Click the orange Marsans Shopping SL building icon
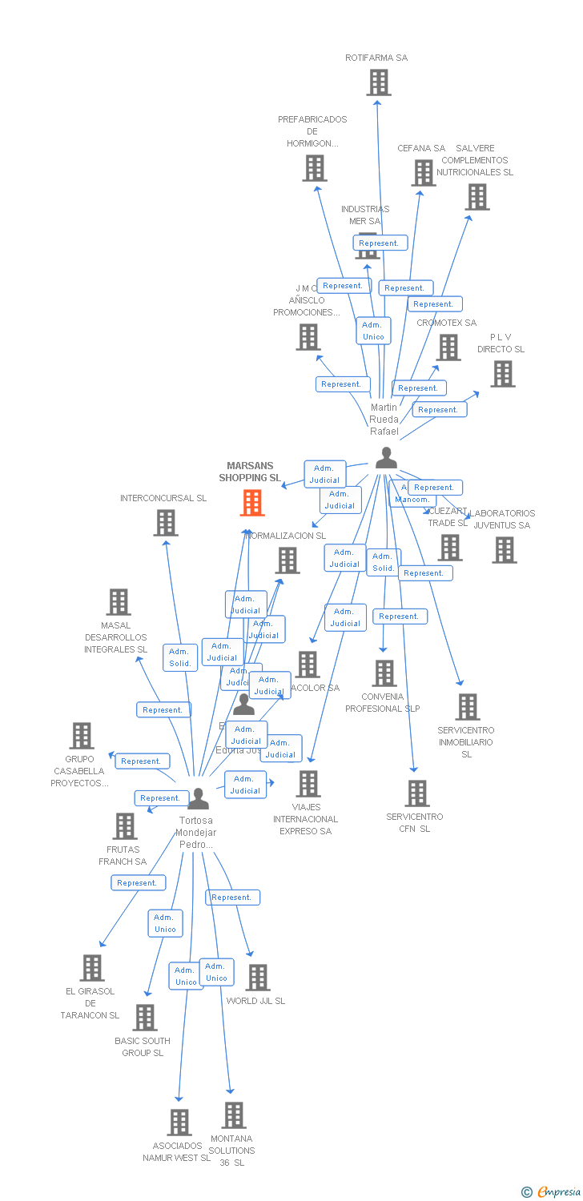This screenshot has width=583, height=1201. click(252, 503)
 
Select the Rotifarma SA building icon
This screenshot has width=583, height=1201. click(378, 82)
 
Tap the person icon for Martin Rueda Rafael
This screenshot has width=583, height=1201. click(386, 458)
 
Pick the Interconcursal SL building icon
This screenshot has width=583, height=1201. click(166, 523)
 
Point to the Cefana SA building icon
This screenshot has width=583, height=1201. click(423, 173)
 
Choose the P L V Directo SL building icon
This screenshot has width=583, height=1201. click(502, 374)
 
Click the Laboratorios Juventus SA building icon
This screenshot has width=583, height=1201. click(504, 550)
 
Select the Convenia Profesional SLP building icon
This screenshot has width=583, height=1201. click(384, 673)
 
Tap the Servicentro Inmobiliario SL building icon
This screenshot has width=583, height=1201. click(468, 707)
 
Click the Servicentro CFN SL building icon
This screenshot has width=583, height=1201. click(416, 793)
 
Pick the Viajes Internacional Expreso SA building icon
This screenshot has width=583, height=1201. click(308, 784)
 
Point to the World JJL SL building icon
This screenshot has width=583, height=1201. click(258, 978)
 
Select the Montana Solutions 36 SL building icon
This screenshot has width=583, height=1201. click(233, 1115)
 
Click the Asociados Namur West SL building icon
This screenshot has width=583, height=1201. click(179, 1123)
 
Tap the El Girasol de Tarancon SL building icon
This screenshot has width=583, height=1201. click(92, 968)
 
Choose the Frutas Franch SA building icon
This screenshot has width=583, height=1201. click(125, 826)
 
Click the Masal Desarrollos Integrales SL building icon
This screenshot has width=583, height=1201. click(119, 602)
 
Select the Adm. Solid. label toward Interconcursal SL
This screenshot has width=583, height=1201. click(180, 657)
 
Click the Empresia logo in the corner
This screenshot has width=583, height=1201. click(552, 1192)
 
